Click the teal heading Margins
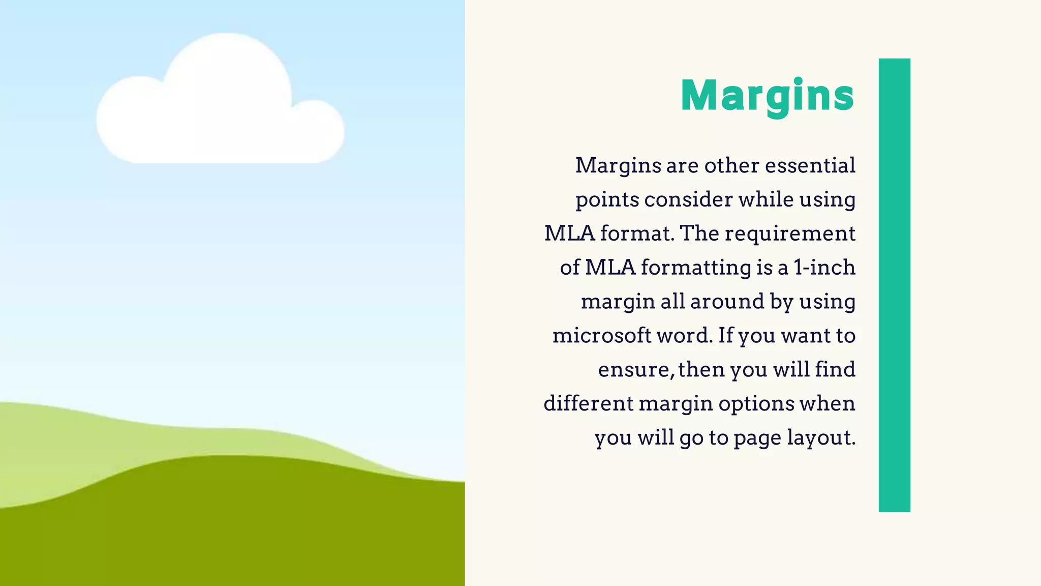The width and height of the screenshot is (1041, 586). [x=768, y=96]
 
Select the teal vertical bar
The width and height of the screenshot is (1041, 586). [x=894, y=285]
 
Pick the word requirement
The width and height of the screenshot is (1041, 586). [x=790, y=233]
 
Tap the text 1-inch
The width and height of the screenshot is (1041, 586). [x=824, y=268]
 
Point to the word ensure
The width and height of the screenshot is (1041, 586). [x=635, y=370]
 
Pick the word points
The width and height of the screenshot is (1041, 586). [x=607, y=199]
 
